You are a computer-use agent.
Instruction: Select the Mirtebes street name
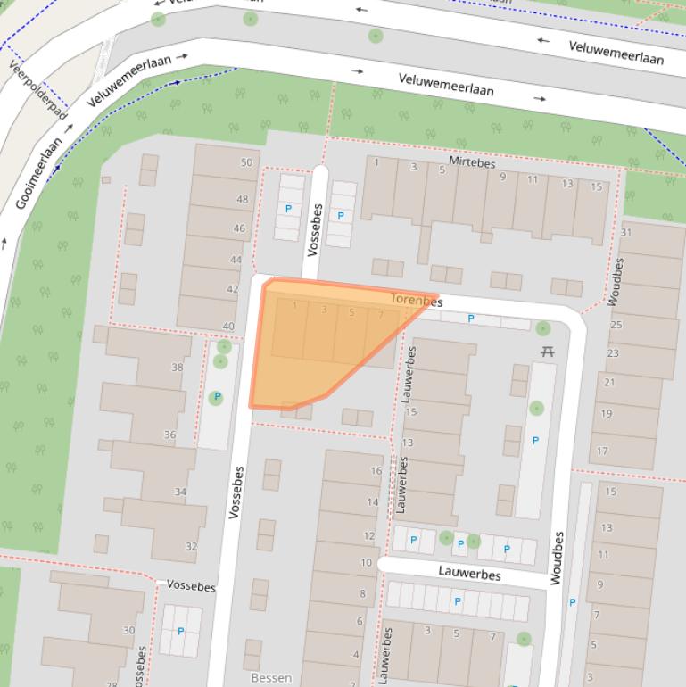click(x=472, y=164)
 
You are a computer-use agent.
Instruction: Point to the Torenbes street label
click(x=417, y=302)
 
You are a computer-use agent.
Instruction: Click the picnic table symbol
click(x=547, y=352)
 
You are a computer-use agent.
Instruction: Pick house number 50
click(x=246, y=162)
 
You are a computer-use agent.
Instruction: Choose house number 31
click(x=626, y=232)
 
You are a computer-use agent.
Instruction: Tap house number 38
click(x=177, y=368)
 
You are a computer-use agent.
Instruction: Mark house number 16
click(x=376, y=471)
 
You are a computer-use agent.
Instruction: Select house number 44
click(x=236, y=260)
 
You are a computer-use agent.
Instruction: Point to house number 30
click(x=129, y=630)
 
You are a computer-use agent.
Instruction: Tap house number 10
click(x=366, y=563)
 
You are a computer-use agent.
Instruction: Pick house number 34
click(x=180, y=492)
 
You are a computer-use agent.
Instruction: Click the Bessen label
click(x=271, y=678)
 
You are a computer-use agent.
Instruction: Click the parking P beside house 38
click(x=217, y=397)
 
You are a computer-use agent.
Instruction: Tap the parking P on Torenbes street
click(x=471, y=319)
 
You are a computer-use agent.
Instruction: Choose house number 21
click(x=609, y=382)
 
